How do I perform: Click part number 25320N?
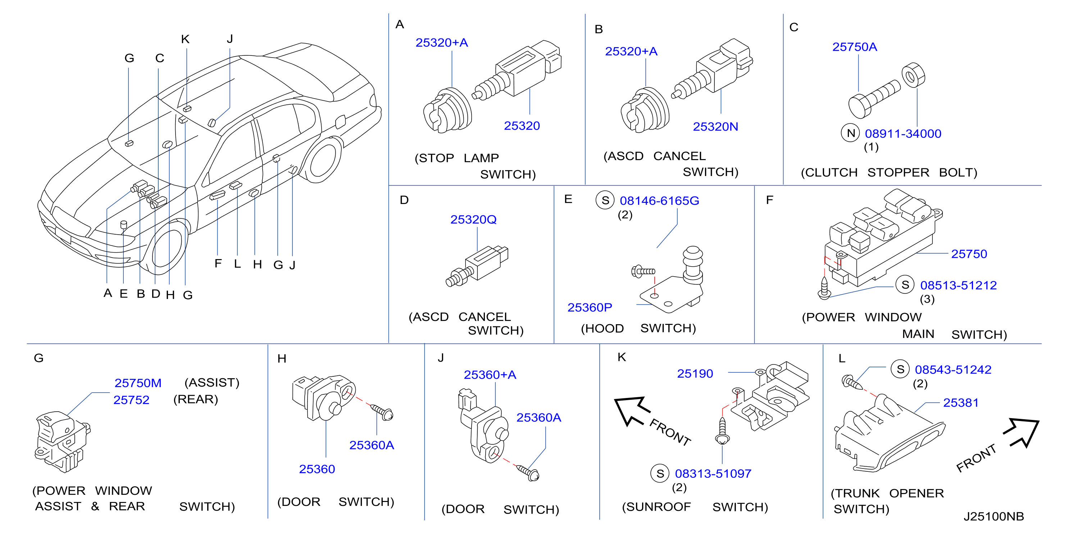(x=715, y=127)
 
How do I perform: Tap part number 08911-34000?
(x=903, y=134)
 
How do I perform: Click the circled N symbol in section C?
(x=851, y=133)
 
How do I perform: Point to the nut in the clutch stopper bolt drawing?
(x=913, y=76)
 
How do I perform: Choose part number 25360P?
(x=590, y=307)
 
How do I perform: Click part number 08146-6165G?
(x=659, y=201)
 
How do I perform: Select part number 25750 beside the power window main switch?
(x=969, y=254)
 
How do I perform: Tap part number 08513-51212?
(x=959, y=285)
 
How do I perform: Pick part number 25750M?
(x=138, y=383)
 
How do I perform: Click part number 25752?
(x=131, y=400)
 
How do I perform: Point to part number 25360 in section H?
(x=317, y=469)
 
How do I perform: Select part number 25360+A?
(x=490, y=375)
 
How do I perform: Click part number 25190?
(x=695, y=374)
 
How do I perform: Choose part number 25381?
(x=960, y=403)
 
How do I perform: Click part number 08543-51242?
(x=953, y=370)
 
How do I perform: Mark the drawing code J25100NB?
(x=994, y=516)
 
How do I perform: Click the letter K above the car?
(x=185, y=39)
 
